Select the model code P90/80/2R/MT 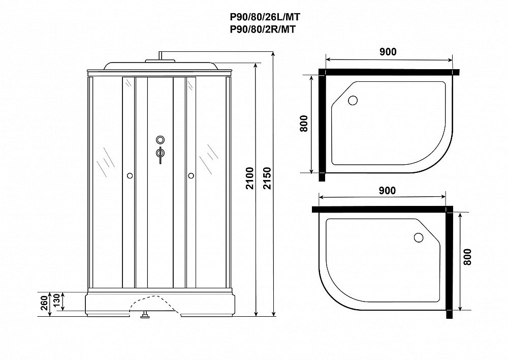[263, 29]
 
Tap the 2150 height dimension [267, 178]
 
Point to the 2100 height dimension [250, 178]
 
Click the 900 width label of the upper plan [388, 51]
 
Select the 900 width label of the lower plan [387, 190]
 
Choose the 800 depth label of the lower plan [467, 257]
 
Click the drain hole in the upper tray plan [353, 100]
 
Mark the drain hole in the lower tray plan [419, 238]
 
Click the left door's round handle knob [130, 176]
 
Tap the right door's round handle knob [191, 176]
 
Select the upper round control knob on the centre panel [161, 140]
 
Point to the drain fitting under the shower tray [145, 315]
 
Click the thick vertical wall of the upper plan [322, 125]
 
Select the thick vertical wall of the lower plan [450, 262]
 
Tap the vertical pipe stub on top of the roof [161, 55]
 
